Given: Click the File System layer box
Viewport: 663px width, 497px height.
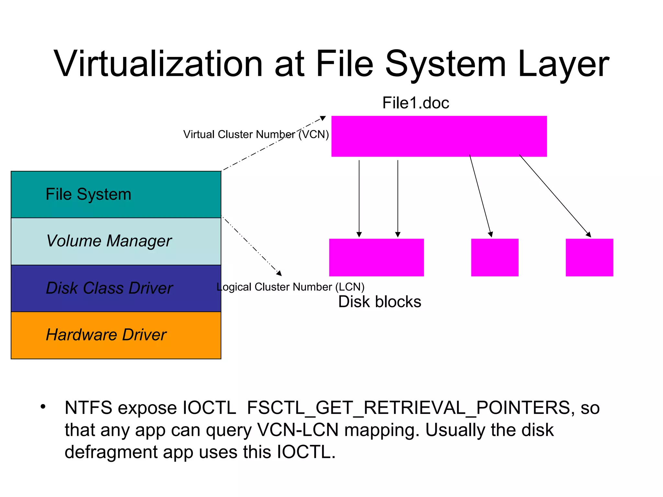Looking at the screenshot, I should point(116,194).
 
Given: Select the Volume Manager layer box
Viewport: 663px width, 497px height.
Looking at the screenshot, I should point(116,241).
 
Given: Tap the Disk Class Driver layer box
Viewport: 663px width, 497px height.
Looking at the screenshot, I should point(116,288).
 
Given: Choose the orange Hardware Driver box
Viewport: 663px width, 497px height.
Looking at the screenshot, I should point(116,335).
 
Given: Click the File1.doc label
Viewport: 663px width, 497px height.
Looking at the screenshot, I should point(415,103).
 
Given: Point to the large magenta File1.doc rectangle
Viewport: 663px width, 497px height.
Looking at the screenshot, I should point(439,136).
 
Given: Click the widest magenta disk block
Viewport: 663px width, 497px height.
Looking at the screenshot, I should point(376,258).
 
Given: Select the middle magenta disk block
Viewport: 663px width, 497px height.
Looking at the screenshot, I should point(495,258).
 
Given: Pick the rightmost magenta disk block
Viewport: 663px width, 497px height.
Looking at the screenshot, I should point(589,258).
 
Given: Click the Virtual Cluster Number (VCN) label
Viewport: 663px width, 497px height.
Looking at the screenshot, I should point(256,134).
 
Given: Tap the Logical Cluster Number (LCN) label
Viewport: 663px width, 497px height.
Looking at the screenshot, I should point(290,287).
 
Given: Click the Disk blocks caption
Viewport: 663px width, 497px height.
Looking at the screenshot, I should point(379,302).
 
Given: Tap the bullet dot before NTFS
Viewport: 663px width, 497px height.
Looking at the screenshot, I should point(43,407).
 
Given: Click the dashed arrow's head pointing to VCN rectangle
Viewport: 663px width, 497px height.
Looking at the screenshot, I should point(323,118).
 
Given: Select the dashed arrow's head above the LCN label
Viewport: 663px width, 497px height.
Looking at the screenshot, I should point(279,273).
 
